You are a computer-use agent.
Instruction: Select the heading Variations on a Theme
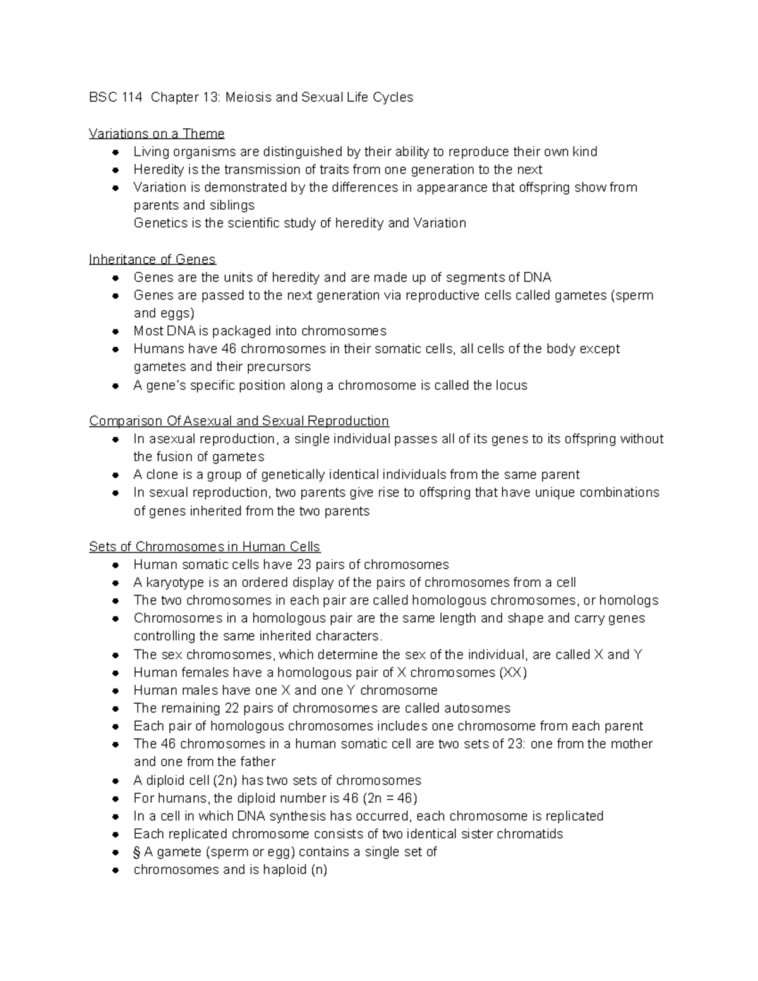(x=157, y=133)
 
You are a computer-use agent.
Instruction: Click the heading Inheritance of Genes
(x=152, y=260)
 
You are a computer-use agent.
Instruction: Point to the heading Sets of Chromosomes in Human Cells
(x=205, y=546)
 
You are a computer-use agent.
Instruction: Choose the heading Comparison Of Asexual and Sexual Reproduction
(x=239, y=421)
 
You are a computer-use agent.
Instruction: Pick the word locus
(x=512, y=385)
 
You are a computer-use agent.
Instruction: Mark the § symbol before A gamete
(x=137, y=852)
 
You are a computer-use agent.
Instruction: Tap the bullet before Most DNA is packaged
(x=115, y=332)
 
